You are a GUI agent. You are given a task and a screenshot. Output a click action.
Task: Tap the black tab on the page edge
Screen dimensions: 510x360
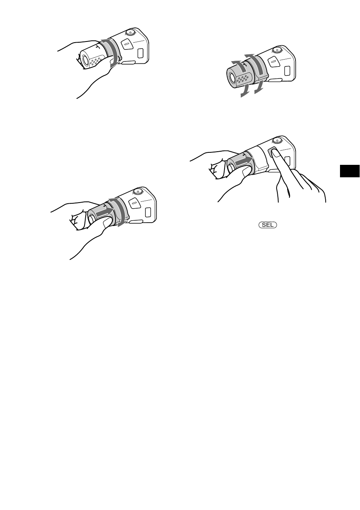pyautogui.click(x=350, y=171)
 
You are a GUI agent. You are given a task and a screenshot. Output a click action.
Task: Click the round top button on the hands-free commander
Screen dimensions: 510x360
pyautogui.click(x=277, y=49)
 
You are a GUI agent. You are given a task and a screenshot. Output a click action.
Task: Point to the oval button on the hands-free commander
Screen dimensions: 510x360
pyautogui.click(x=272, y=61)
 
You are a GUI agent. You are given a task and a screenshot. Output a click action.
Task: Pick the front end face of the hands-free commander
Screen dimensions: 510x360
pyautogui.click(x=231, y=78)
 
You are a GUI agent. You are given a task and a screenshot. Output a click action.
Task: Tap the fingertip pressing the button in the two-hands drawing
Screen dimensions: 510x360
pyautogui.click(x=273, y=154)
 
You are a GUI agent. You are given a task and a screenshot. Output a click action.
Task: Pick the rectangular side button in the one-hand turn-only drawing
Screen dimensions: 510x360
pyautogui.click(x=140, y=53)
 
